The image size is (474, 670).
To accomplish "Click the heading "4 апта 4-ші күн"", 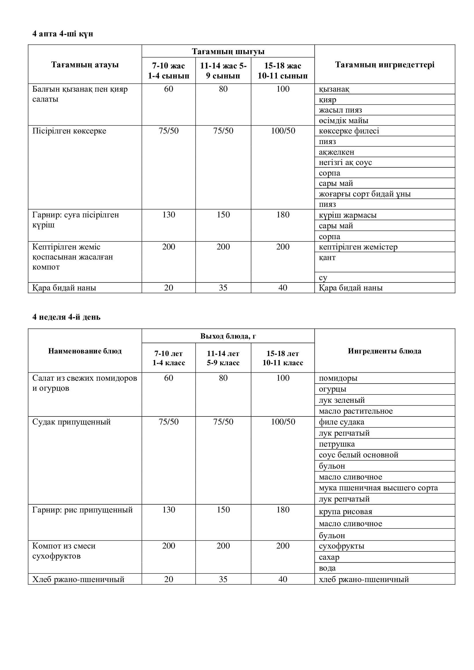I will [62, 34].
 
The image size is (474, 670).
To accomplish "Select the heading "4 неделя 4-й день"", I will [66, 317].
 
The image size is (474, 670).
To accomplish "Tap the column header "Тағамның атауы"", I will [85, 64].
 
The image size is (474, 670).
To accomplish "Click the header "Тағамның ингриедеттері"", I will [384, 64].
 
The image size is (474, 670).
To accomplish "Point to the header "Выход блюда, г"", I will [228, 336].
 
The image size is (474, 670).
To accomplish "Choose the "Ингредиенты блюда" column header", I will [384, 351].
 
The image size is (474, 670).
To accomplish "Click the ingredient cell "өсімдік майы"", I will [343, 121].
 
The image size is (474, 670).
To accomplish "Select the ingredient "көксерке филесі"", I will [349, 131].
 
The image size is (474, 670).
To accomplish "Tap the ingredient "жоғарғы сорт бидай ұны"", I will [365, 194].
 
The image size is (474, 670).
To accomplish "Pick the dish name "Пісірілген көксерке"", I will [69, 131].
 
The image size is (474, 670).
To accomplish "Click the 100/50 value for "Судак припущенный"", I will [283, 422].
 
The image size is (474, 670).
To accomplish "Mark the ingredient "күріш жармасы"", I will [347, 215].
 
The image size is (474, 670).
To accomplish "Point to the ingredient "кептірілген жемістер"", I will [358, 247].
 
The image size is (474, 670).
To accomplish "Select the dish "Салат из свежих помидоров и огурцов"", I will [84, 383].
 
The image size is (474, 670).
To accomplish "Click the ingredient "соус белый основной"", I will [359, 455].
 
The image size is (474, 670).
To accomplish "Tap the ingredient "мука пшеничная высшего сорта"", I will [378, 488].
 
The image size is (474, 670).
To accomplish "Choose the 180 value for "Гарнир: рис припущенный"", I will [283, 510].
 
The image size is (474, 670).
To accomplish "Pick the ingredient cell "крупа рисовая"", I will [345, 512].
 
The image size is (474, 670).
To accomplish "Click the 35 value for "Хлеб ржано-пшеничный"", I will [223, 579].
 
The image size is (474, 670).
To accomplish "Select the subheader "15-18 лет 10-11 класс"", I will [283, 358].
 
